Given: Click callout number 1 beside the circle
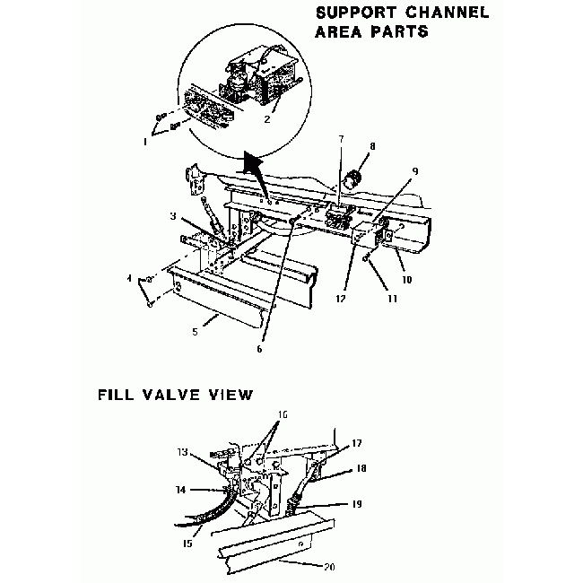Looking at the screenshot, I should pyautogui.click(x=146, y=143).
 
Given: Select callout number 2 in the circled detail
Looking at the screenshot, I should pyautogui.click(x=267, y=117).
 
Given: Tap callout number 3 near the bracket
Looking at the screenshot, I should pyautogui.click(x=172, y=216).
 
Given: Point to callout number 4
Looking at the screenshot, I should pyautogui.click(x=129, y=279).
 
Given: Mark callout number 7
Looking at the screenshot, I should pyautogui.click(x=340, y=139).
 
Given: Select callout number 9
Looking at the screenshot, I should pyautogui.click(x=415, y=170).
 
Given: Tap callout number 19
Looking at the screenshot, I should pyautogui.click(x=357, y=504).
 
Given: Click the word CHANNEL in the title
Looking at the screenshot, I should pyautogui.click(x=435, y=13).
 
